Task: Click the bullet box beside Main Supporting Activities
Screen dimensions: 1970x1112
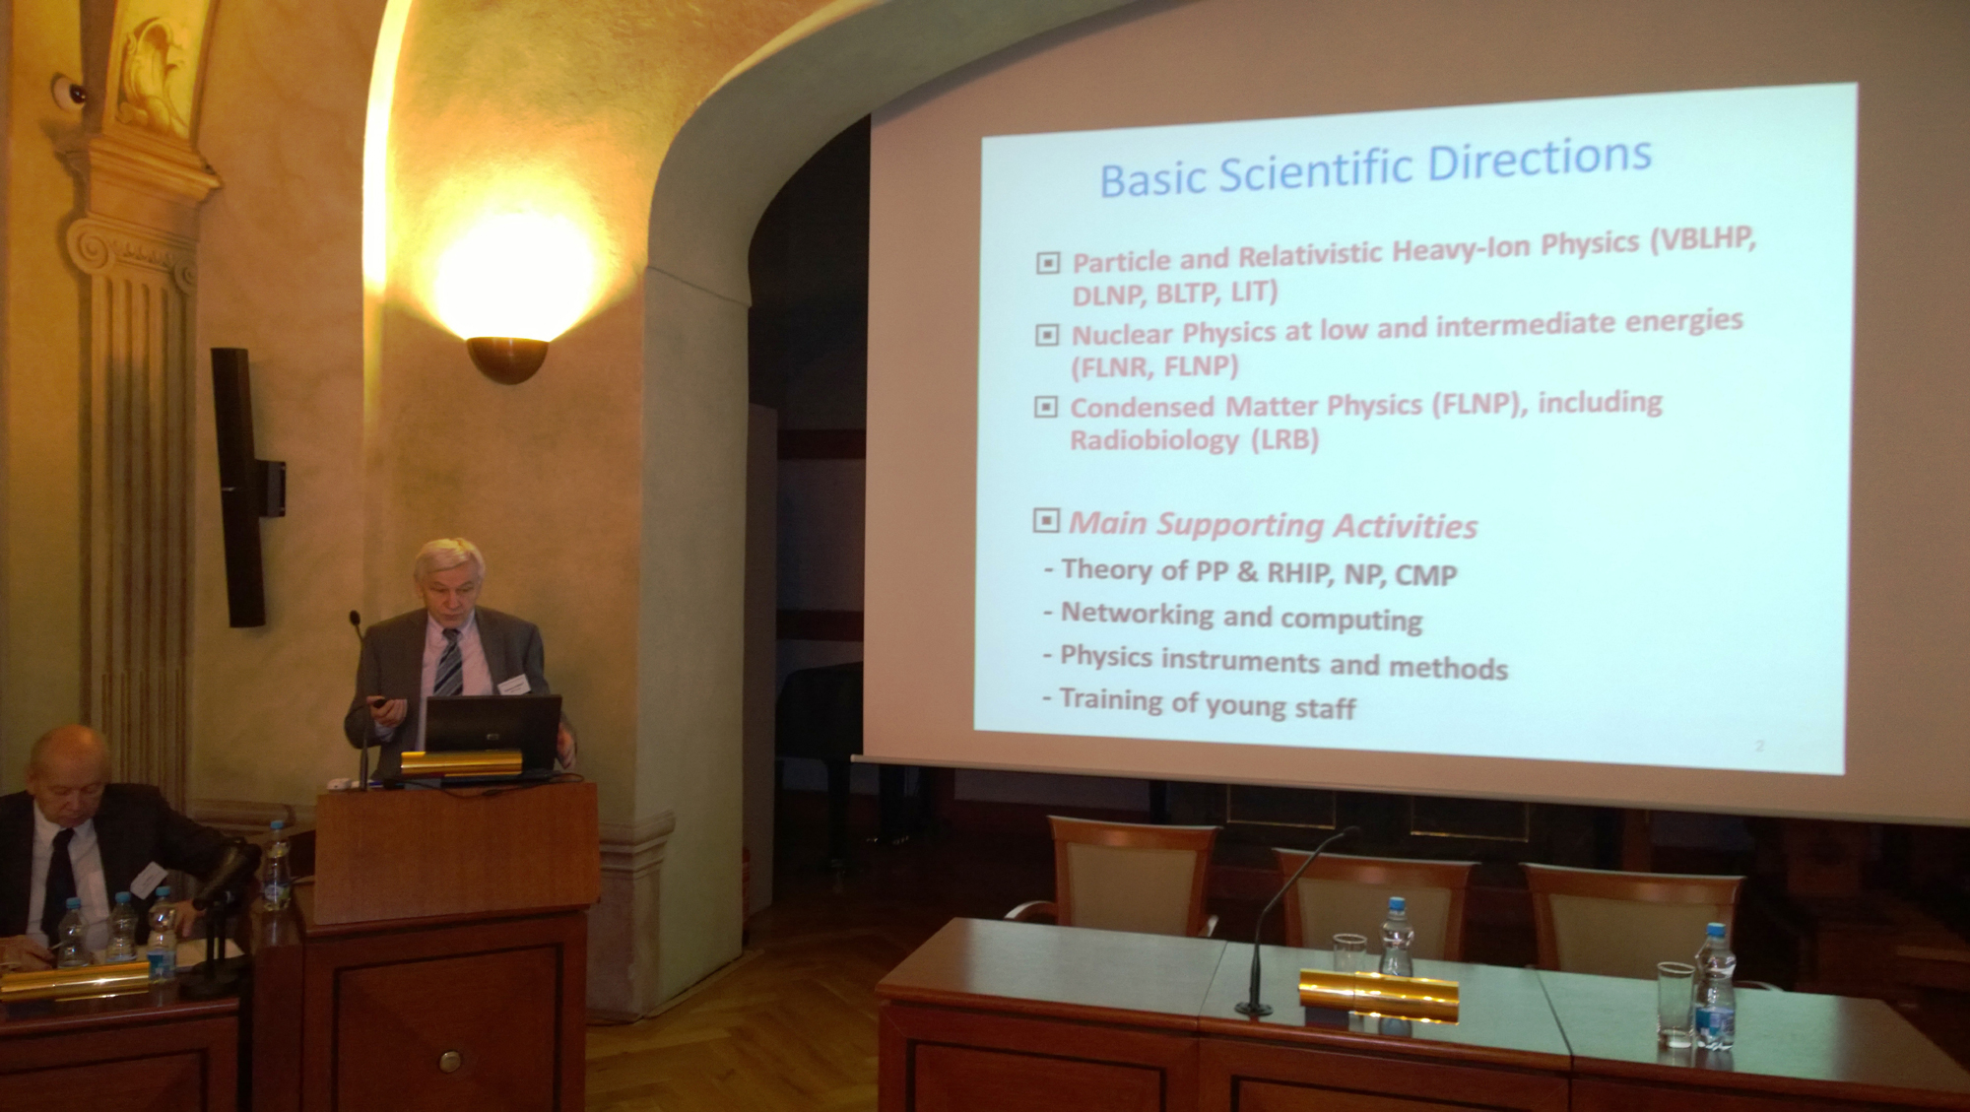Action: click(x=1046, y=520)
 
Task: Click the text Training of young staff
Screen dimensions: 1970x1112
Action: click(x=1208, y=703)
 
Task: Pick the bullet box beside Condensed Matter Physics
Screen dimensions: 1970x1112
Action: click(x=1046, y=406)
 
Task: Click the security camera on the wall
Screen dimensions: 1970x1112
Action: click(x=69, y=91)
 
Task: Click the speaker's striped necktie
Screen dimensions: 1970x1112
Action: click(x=449, y=663)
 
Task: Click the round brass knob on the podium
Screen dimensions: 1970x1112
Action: click(x=449, y=1061)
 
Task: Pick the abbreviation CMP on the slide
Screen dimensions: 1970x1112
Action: click(x=1425, y=574)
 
